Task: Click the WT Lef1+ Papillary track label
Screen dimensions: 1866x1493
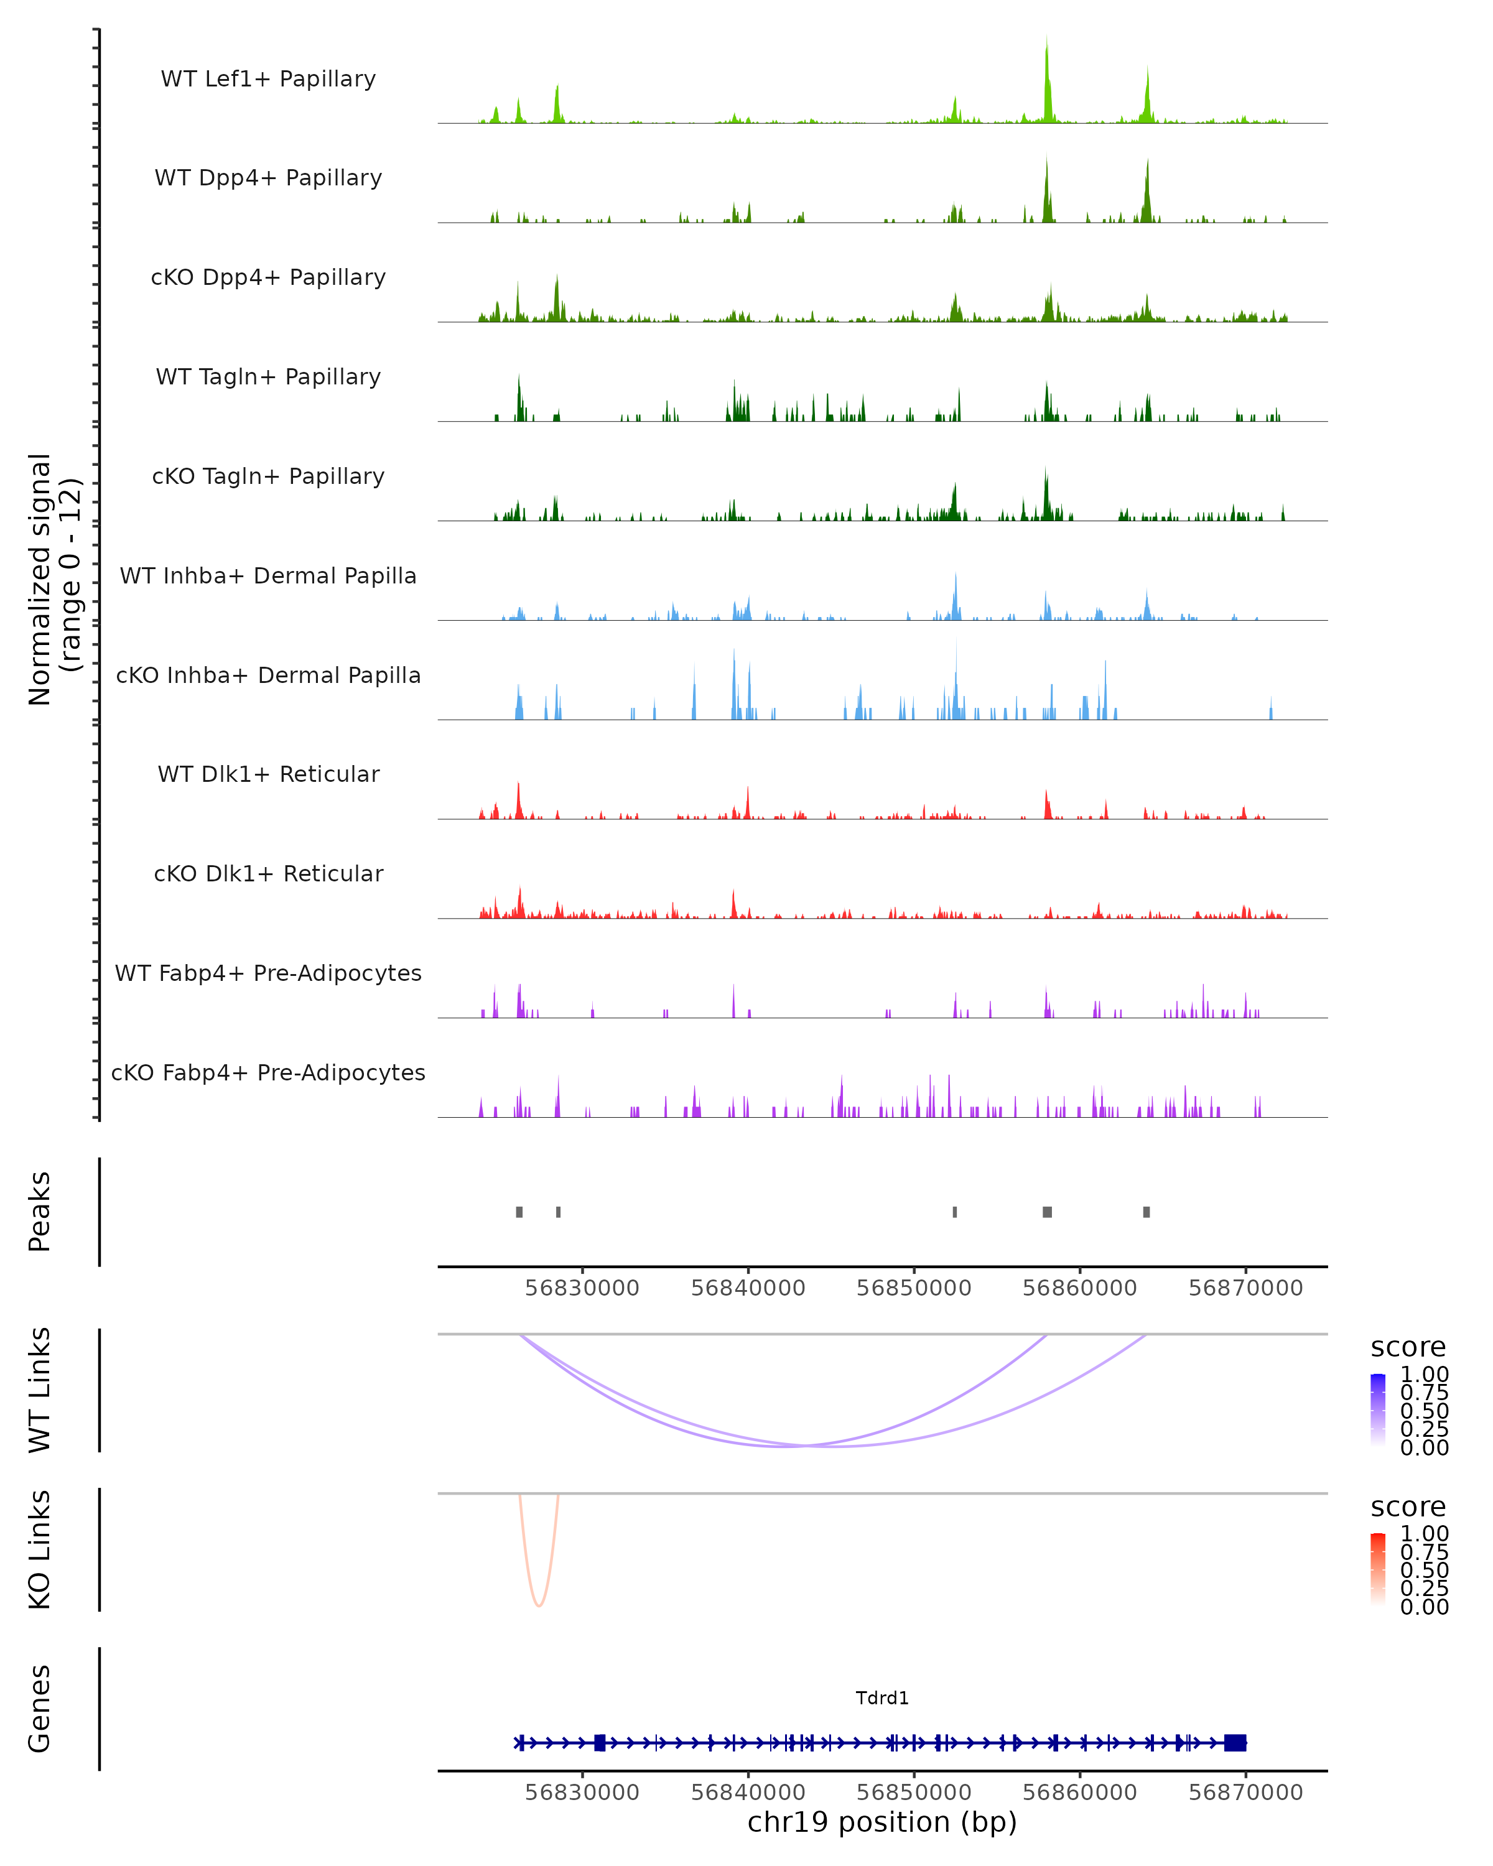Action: (268, 79)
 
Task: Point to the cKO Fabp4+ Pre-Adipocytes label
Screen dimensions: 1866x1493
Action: (268, 1072)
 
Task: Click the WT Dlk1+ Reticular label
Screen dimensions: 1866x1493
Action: (268, 774)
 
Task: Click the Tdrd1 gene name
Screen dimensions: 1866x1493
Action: (882, 1698)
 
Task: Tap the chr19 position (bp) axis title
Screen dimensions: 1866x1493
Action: (882, 1822)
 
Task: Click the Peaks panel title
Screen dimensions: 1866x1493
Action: (40, 1212)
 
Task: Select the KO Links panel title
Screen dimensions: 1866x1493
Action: (40, 1549)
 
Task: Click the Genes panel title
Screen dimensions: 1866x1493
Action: (40, 1709)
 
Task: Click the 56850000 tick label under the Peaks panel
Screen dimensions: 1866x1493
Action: (914, 1288)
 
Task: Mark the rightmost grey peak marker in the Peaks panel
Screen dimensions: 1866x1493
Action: (1146, 1212)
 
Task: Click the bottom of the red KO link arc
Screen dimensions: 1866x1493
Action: (538, 1605)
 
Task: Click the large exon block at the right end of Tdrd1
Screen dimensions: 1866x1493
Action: (1235, 1742)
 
